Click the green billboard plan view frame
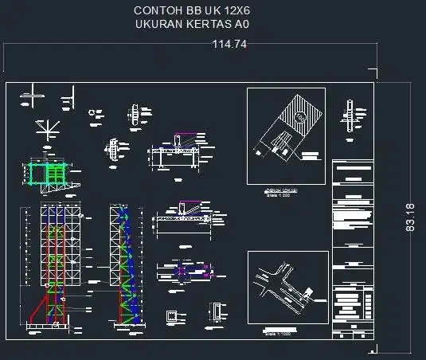[x=49, y=174]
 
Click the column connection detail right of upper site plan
[x=351, y=118]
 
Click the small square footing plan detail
[x=172, y=316]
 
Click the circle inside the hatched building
[x=299, y=117]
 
